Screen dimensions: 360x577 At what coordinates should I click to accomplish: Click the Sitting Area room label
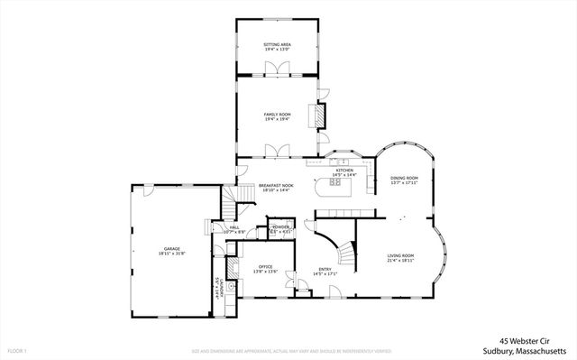point(277,42)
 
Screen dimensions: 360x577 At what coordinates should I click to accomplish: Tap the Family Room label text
point(277,115)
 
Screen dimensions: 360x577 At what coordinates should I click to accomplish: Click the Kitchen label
point(343,171)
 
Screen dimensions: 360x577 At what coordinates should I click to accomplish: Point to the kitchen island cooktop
point(336,183)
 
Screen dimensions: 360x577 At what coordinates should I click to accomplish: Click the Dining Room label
point(404,179)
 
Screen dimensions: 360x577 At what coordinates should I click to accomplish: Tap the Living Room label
point(400,256)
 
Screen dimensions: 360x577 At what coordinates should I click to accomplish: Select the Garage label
point(172,248)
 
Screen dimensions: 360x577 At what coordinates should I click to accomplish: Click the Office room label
point(266,267)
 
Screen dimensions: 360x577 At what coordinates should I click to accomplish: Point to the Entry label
point(325,269)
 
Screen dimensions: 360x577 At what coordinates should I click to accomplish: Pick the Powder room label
point(280,227)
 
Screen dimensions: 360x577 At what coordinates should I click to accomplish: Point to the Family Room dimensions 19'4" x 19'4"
point(277,120)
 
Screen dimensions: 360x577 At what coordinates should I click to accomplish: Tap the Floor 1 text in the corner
point(16,349)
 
